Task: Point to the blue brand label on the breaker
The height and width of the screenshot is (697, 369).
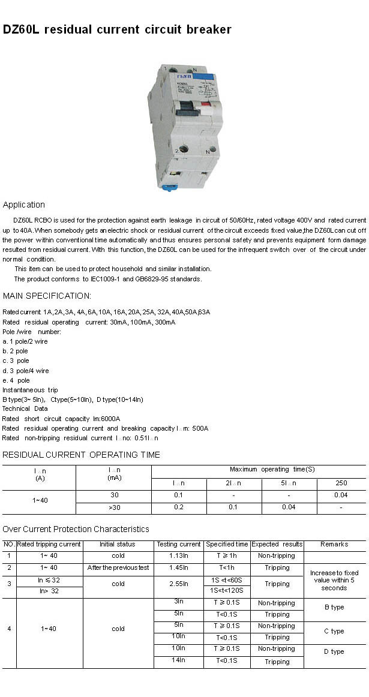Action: [x=205, y=77]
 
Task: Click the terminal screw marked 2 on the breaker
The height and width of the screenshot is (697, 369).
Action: [x=184, y=149]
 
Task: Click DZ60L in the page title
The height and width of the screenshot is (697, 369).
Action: [x=21, y=29]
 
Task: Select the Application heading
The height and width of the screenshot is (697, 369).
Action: [x=23, y=205]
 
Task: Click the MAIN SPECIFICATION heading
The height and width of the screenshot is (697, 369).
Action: [x=47, y=296]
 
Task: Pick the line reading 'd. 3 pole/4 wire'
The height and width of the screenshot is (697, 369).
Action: [x=26, y=371]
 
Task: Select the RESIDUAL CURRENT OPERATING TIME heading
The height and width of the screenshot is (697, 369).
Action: [x=81, y=455]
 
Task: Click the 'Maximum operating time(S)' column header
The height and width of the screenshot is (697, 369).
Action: [x=272, y=469]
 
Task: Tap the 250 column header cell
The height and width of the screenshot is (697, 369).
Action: [x=341, y=483]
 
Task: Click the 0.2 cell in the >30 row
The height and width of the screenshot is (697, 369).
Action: [x=178, y=507]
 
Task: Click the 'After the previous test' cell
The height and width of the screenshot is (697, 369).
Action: [x=118, y=567]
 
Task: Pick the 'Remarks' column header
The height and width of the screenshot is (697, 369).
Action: [x=334, y=544]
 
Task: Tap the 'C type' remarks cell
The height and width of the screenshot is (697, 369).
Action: [x=334, y=631]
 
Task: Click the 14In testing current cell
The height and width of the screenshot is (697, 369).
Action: [x=179, y=660]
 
